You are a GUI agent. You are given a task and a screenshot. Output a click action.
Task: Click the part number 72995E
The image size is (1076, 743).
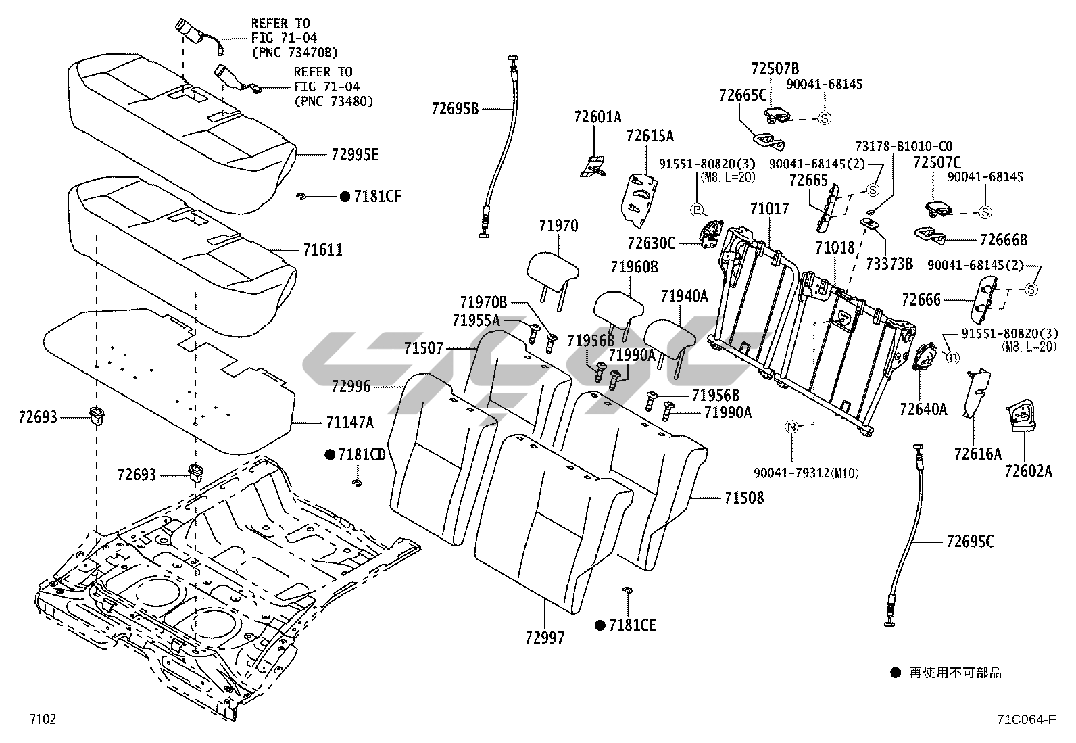354,155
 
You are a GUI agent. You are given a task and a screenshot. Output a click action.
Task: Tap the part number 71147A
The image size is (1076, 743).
349,423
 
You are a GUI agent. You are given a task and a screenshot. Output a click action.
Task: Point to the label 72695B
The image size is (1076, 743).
455,107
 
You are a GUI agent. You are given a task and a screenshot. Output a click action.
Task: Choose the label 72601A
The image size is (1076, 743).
597,118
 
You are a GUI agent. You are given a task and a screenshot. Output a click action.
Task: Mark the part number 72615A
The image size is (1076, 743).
650,136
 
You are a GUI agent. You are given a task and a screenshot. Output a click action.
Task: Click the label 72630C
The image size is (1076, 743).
651,243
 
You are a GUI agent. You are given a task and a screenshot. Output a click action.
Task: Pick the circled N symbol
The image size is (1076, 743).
792,426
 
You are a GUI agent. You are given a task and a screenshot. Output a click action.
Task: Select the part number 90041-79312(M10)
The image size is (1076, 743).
806,473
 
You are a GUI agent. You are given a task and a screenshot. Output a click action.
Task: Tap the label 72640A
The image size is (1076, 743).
923,409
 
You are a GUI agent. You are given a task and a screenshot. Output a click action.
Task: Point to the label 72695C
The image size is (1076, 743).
970,542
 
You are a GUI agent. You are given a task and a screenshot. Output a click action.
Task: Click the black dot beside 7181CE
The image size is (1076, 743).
600,625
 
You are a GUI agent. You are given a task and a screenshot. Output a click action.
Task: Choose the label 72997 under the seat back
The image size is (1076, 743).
544,637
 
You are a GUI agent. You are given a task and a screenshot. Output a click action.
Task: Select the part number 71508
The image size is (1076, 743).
743,498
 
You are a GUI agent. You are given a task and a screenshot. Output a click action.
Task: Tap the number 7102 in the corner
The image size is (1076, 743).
42,719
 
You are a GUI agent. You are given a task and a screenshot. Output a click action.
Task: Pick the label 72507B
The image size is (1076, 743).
775,68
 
